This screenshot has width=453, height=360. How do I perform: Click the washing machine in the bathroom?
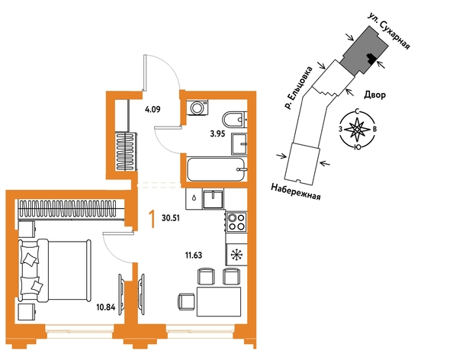pos(198,108)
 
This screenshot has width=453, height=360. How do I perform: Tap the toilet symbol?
pos(235,119)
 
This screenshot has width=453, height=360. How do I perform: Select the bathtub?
pos(217,169)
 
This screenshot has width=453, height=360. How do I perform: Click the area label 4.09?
pos(153,110)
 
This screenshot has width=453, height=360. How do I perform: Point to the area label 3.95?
pos(217,134)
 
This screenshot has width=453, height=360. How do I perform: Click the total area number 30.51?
pos(171,218)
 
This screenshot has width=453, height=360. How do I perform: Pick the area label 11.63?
pos(194,256)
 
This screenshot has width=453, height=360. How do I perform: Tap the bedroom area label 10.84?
pos(106,307)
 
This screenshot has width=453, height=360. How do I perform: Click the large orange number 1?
pos(152,219)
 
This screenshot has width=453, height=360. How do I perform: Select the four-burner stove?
pos(236,221)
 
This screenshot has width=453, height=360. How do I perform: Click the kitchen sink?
pos(214,199)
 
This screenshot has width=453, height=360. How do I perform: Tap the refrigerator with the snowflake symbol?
pos(236,255)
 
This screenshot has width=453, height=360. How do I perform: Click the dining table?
pos(219,302)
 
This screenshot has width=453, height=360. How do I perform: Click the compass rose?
pos(358,130)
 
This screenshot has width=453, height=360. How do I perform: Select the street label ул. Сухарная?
pos(389,31)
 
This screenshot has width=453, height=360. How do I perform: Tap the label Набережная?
pos(296,192)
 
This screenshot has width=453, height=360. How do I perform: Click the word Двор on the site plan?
pos(374,95)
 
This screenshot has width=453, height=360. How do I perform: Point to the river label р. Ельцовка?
pos(298,88)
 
